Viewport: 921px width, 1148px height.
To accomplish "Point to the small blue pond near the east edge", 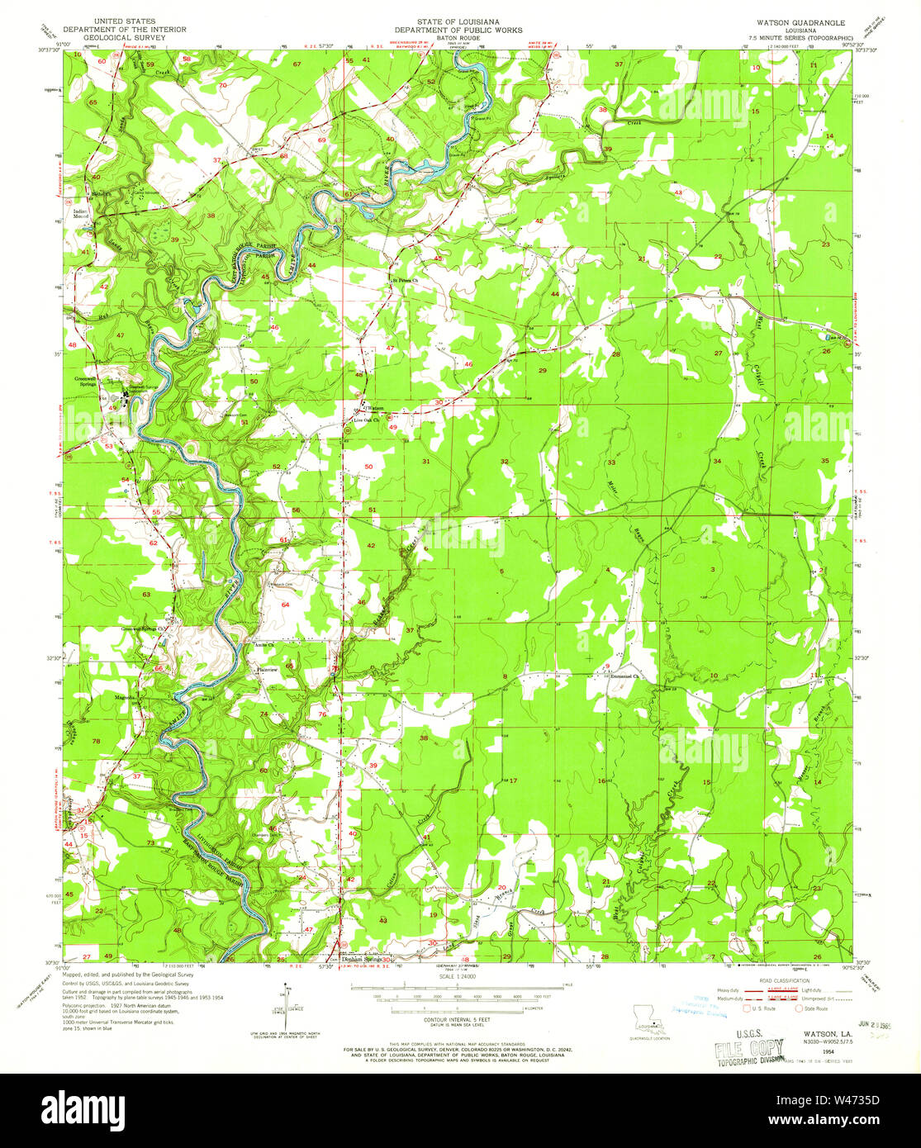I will (x=824, y=337).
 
